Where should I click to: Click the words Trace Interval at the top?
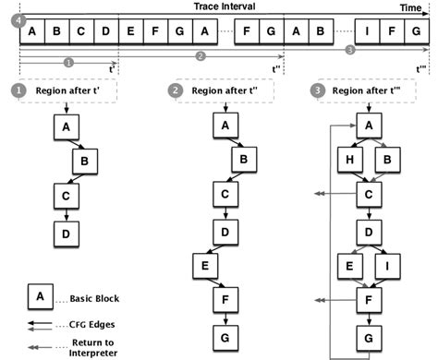[x=225, y=6]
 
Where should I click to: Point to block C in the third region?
[x=370, y=195]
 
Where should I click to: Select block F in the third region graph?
[x=370, y=300]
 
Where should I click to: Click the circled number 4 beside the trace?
[x=10, y=19]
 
